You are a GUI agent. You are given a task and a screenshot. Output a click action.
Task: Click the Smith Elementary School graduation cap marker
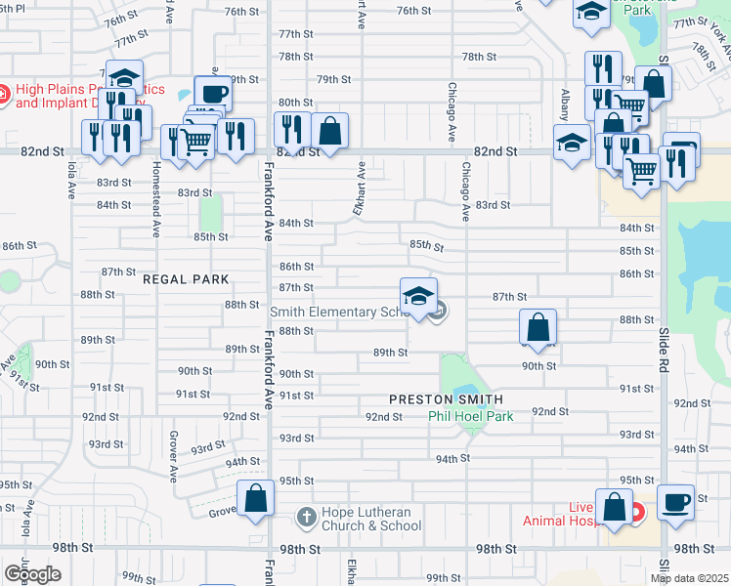(x=418, y=296)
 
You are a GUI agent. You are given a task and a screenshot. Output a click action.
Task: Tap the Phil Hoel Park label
(x=471, y=416)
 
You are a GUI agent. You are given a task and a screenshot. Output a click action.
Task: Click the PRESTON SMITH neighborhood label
(x=446, y=399)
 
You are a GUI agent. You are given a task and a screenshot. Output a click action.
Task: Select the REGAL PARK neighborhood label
(x=186, y=279)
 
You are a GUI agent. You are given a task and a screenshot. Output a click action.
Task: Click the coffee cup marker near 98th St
(x=675, y=502)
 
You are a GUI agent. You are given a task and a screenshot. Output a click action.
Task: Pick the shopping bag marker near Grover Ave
(x=255, y=498)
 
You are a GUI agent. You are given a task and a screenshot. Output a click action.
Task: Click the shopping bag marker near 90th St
(x=537, y=327)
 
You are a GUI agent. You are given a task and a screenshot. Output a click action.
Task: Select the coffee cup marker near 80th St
(x=213, y=94)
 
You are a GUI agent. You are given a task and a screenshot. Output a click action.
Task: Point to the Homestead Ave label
(x=156, y=199)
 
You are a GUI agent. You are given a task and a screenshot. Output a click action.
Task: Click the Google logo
(x=32, y=573)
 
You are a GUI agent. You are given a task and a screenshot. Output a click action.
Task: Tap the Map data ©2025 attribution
(x=689, y=578)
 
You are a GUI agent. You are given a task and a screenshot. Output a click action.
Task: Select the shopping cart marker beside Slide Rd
(x=642, y=173)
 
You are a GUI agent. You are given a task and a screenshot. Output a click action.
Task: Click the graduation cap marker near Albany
(x=572, y=143)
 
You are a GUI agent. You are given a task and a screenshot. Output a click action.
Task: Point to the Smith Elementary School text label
(x=337, y=312)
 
